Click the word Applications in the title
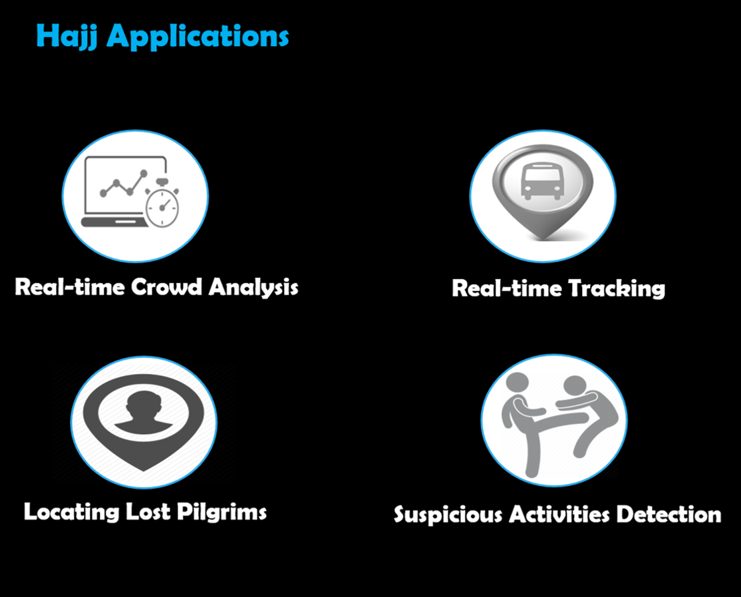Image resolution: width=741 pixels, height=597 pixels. click(x=198, y=37)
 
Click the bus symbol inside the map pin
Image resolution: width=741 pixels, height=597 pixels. click(x=542, y=181)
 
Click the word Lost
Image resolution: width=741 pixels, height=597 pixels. click(x=150, y=511)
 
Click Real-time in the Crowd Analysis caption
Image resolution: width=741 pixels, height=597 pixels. click(x=70, y=288)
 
